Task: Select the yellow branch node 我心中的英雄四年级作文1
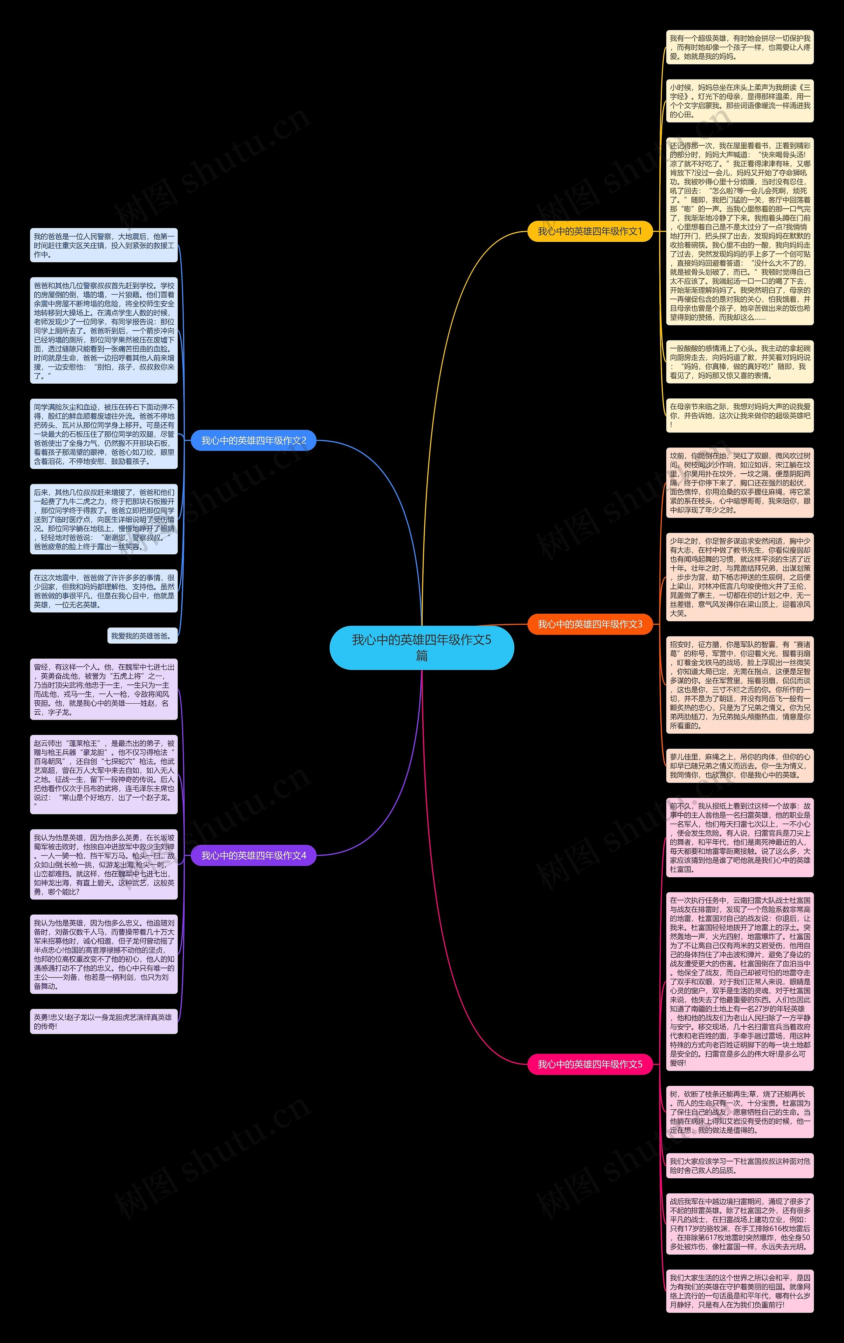pyautogui.click(x=589, y=231)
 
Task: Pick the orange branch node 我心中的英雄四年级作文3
pyautogui.click(x=589, y=624)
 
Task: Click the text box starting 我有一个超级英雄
pyautogui.click(x=740, y=47)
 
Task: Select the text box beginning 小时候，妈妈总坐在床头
pyautogui.click(x=740, y=101)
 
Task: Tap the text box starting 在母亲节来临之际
pyautogui.click(x=740, y=416)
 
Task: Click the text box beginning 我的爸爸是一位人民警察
pyautogui.click(x=104, y=246)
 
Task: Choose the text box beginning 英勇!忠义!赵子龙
pyautogui.click(x=104, y=1021)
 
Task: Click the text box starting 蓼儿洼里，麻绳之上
pyautogui.click(x=740, y=766)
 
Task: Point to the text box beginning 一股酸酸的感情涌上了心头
pyautogui.click(x=740, y=362)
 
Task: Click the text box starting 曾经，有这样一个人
pyautogui.click(x=104, y=689)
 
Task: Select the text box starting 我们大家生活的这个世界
pyautogui.click(x=740, y=1291)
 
